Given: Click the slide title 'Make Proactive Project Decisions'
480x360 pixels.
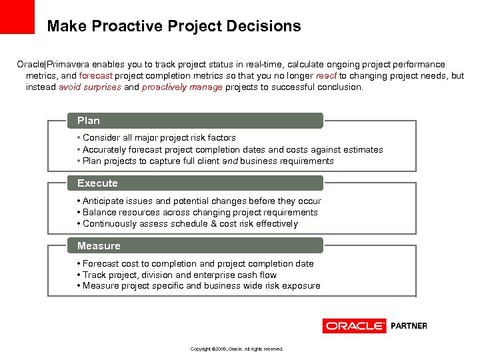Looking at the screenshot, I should click(x=174, y=27).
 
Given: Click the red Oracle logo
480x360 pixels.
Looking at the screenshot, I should click(x=354, y=326).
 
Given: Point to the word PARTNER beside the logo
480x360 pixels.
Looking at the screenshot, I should click(x=409, y=326).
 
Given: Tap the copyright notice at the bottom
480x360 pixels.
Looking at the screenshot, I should click(x=237, y=349).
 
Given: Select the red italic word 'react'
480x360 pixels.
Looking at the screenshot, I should click(x=327, y=76).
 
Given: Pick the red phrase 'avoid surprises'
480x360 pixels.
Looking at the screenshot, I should click(x=90, y=87).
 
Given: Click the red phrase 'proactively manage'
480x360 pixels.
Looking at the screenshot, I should click(x=182, y=87).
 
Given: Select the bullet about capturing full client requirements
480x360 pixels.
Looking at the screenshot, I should click(x=208, y=161).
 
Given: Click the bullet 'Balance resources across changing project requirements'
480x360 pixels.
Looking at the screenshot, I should click(x=200, y=213).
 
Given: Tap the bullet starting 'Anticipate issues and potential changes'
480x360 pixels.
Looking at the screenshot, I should click(x=201, y=201).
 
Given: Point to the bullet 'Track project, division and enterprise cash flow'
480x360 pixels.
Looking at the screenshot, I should click(x=179, y=275).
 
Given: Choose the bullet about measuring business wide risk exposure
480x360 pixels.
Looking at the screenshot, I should click(x=201, y=286).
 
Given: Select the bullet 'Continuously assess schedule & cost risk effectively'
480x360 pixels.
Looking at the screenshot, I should click(x=190, y=224).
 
